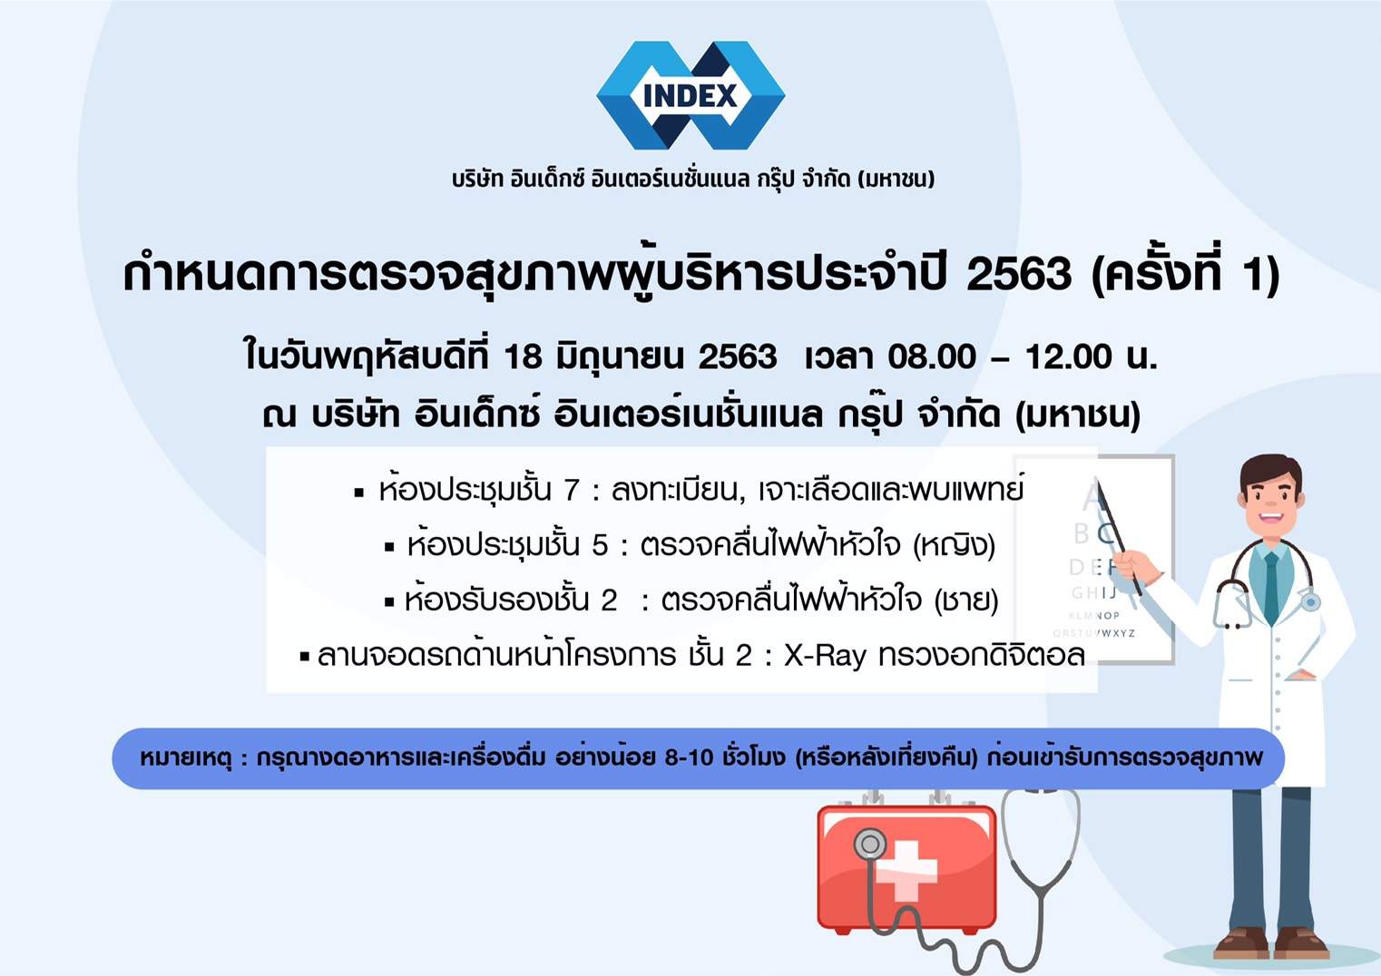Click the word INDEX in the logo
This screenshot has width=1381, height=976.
pos(690,95)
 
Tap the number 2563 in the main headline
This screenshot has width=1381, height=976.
pos(1019,274)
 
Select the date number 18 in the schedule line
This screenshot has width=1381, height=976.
pos(523,356)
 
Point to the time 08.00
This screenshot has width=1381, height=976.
pos(923,356)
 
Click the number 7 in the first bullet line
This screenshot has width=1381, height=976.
pos(572,491)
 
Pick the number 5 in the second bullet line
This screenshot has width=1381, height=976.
pos(600,545)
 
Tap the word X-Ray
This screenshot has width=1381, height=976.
pos(825,656)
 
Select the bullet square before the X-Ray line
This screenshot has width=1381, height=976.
pos(305,657)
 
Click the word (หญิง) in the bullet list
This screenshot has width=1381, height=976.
pos(954,545)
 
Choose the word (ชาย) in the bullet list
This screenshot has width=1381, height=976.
pos(966,600)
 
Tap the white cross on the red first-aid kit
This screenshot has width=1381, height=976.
pos(906,870)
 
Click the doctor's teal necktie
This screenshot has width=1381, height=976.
pos(1271,588)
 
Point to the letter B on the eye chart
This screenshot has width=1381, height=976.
pos(1081,534)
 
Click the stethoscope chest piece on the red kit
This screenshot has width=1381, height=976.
pos(870,844)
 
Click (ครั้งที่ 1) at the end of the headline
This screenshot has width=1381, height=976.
pos(1185,274)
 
